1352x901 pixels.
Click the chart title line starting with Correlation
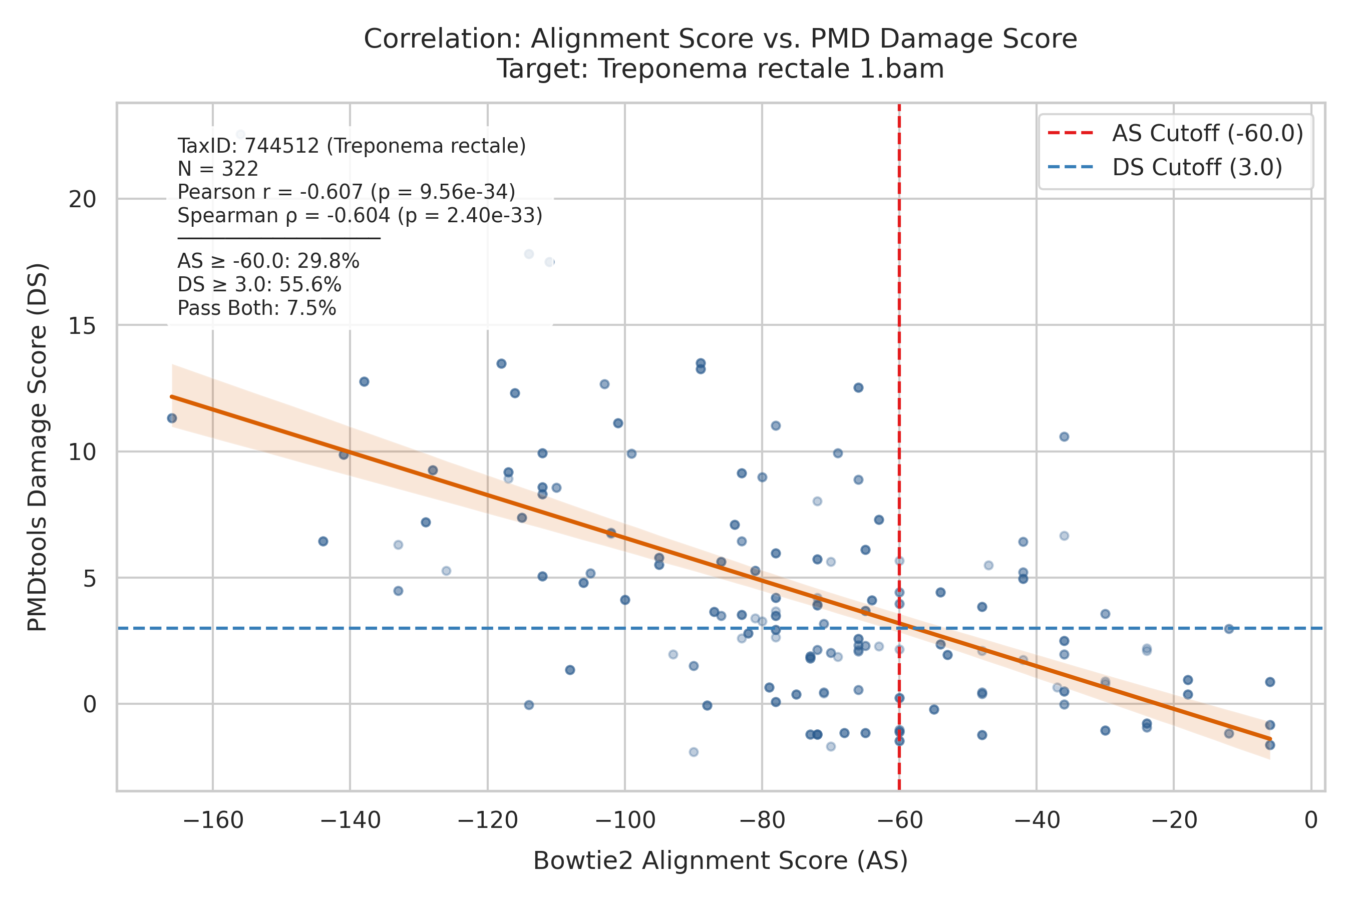720,39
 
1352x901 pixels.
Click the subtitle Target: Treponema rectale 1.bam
720,69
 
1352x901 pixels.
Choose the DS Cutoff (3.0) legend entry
1165,167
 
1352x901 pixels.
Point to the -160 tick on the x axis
213,820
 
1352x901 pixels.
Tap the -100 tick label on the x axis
625,820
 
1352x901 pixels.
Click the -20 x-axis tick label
1174,820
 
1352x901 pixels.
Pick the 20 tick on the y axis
82,199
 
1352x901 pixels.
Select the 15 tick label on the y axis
82,326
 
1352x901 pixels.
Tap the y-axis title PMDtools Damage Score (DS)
38,447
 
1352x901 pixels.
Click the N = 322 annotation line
218,169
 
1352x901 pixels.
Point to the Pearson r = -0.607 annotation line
346,192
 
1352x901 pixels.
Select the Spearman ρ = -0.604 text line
360,215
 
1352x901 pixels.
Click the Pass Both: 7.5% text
256,308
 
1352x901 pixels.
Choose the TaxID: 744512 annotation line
352,146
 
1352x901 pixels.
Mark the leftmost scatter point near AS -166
172,418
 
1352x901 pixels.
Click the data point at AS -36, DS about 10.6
1064,436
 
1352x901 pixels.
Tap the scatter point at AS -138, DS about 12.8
364,381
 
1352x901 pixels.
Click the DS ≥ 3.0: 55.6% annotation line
259,285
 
